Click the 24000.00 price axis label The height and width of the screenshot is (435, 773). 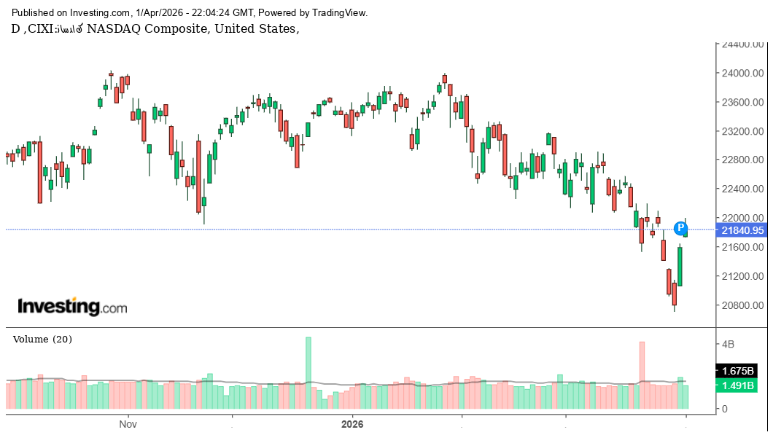[x=742, y=74]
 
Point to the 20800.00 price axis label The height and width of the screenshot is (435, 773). [x=742, y=305]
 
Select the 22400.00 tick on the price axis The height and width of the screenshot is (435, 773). [x=742, y=189]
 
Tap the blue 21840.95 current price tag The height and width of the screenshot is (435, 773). [x=742, y=230]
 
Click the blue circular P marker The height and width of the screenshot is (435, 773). [x=680, y=228]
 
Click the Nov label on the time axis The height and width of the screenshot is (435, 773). [x=128, y=423]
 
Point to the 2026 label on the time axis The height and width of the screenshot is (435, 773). [x=352, y=423]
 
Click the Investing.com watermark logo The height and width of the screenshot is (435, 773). [x=71, y=307]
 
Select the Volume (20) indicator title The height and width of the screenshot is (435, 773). [x=42, y=340]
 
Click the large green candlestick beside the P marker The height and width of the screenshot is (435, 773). [x=680, y=267]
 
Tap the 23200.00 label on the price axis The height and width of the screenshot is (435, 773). [x=742, y=131]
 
